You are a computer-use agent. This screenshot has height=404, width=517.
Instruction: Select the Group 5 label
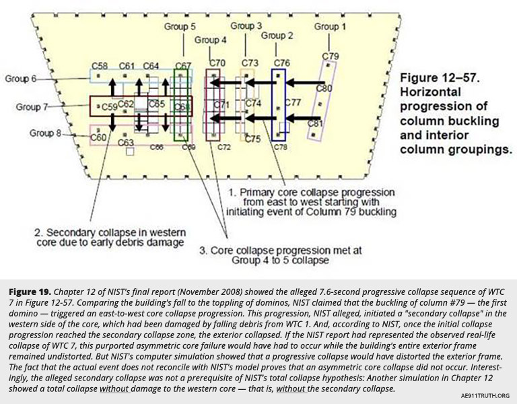tap(180, 26)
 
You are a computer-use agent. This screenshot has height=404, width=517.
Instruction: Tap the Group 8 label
tap(45, 133)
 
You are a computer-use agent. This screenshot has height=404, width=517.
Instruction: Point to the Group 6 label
tap(22, 78)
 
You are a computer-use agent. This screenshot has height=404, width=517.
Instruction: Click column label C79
tap(331, 55)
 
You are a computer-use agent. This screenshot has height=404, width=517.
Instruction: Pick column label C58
tap(100, 65)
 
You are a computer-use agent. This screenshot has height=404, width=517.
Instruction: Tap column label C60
tap(99, 137)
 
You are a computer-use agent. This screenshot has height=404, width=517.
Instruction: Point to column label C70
tap(217, 63)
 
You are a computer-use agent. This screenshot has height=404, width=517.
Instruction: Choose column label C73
tap(249, 63)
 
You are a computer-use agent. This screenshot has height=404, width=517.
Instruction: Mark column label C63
tap(125, 142)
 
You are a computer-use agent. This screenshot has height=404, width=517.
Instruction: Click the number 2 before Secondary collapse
tap(37, 233)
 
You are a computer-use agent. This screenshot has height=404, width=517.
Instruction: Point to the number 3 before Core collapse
tap(202, 250)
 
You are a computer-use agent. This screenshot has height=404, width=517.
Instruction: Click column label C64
tap(151, 65)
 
